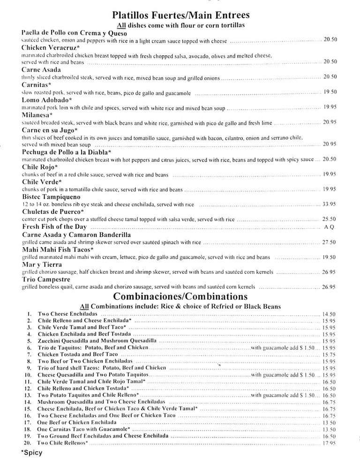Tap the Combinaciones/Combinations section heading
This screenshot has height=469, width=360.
180,296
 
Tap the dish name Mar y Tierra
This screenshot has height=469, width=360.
42,265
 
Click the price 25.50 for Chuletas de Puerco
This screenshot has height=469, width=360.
330,219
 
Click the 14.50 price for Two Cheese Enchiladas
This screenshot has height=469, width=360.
329,314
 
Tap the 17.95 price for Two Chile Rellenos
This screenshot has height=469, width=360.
329,443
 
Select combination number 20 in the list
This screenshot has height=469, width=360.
30,443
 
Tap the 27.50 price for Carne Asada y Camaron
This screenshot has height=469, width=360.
330,242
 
